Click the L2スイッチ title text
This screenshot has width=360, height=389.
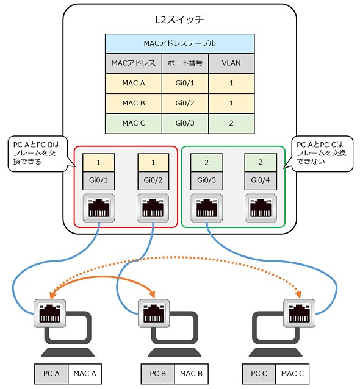(x=179, y=20)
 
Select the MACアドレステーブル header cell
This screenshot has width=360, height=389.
(x=180, y=43)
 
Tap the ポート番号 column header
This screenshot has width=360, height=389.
(x=185, y=63)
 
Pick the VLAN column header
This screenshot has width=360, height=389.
(x=231, y=63)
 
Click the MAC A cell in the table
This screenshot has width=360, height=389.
(x=134, y=83)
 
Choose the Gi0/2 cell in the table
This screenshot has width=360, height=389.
(x=185, y=103)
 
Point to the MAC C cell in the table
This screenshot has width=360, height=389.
(x=134, y=123)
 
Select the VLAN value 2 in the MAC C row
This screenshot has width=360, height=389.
(x=231, y=123)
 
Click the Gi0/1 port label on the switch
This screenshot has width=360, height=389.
(x=99, y=180)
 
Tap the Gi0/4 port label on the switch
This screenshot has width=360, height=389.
(x=261, y=180)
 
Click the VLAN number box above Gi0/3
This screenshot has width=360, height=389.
(x=207, y=163)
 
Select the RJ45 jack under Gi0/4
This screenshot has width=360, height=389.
(x=261, y=208)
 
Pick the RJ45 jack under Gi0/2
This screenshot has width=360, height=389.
(x=153, y=208)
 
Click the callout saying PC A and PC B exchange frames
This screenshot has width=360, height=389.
(x=38, y=154)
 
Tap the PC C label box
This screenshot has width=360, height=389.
(x=259, y=374)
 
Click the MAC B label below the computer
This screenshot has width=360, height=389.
(x=191, y=374)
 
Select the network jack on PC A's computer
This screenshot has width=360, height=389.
(x=50, y=313)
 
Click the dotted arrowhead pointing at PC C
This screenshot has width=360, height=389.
(x=298, y=294)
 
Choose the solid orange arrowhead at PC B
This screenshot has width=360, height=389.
(x=152, y=294)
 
